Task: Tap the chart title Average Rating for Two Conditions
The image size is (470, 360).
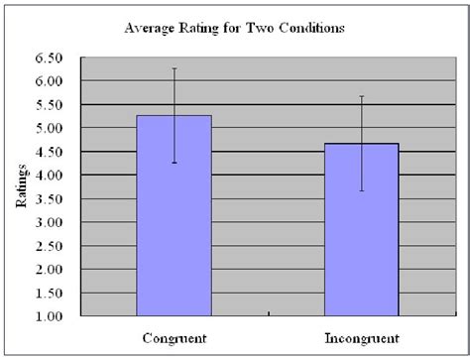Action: click(234, 28)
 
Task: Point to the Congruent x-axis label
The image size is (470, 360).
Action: click(174, 338)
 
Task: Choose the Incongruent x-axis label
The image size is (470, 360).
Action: click(362, 338)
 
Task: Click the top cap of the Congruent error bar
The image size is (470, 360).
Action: click(174, 68)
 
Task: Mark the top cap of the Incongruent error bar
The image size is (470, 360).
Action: click(362, 96)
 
